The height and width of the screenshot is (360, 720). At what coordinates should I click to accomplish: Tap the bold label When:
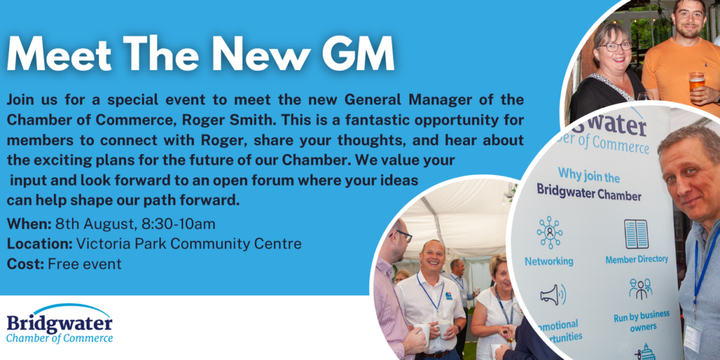[29, 224]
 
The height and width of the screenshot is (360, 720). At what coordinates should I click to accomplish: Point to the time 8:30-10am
[178, 224]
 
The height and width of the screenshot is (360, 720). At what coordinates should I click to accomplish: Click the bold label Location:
[40, 244]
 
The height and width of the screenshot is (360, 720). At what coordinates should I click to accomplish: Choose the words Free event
[84, 264]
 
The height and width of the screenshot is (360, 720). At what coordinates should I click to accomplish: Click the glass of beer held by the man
[697, 84]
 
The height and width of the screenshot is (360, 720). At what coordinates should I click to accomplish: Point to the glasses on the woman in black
[614, 46]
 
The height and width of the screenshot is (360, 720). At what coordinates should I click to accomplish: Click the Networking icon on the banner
[549, 232]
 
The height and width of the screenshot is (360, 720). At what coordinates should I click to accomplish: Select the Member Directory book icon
[636, 234]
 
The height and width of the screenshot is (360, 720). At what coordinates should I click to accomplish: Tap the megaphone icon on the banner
[553, 294]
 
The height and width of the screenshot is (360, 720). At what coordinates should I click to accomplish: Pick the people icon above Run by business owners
[641, 289]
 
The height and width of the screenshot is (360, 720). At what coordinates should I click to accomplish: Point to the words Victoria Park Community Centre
[189, 244]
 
